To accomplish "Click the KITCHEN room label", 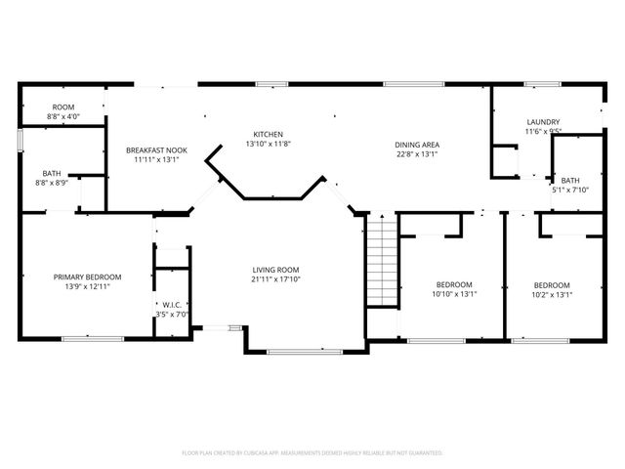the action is tap(269, 135).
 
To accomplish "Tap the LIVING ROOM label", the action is tap(275, 270).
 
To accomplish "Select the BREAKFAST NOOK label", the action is tap(156, 150).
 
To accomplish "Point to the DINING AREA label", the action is tap(417, 145).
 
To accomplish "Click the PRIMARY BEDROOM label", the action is tap(87, 277).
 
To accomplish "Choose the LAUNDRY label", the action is tap(543, 122).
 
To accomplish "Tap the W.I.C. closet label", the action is tap(172, 305).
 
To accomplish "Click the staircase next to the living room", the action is tap(382, 260).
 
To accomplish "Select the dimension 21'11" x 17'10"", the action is tap(275, 279).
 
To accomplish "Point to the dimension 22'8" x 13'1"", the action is tap(417, 154).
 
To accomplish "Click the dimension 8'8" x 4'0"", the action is tap(63, 116).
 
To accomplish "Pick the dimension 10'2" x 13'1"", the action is tap(552, 295).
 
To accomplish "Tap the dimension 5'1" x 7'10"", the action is tap(570, 190).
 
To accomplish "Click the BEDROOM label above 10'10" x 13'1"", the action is tap(454, 284).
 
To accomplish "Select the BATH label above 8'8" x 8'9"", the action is tap(52, 174).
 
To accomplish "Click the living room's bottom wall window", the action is tap(305, 352).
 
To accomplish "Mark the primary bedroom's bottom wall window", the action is tap(93, 339).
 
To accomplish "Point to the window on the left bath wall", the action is tap(20, 140).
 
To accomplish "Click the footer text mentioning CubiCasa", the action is tap(312, 453).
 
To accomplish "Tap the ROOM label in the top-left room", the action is tap(63, 107).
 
